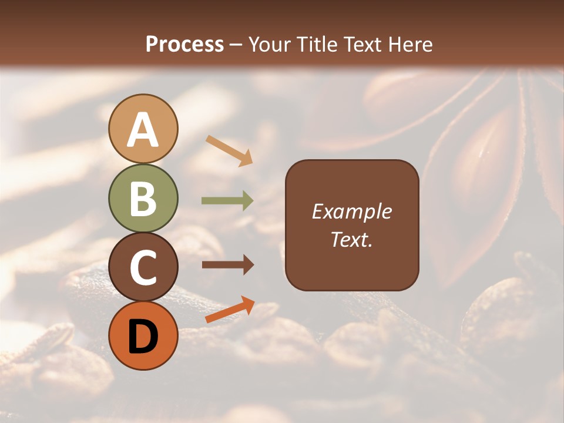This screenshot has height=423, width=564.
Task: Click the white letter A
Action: [143, 130]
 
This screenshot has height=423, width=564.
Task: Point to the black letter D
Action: [143, 337]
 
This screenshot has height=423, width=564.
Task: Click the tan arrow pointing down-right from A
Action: [229, 150]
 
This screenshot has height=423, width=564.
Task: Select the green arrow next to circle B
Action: [227, 201]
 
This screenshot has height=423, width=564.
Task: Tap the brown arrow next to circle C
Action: [227, 265]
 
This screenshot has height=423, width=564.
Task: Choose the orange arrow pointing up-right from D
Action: [230, 310]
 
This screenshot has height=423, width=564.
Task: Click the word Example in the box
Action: [352, 211]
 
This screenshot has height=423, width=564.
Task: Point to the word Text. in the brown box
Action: [352, 240]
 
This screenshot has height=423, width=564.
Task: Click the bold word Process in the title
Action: [184, 44]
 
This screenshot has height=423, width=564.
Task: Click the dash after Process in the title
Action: [236, 45]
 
